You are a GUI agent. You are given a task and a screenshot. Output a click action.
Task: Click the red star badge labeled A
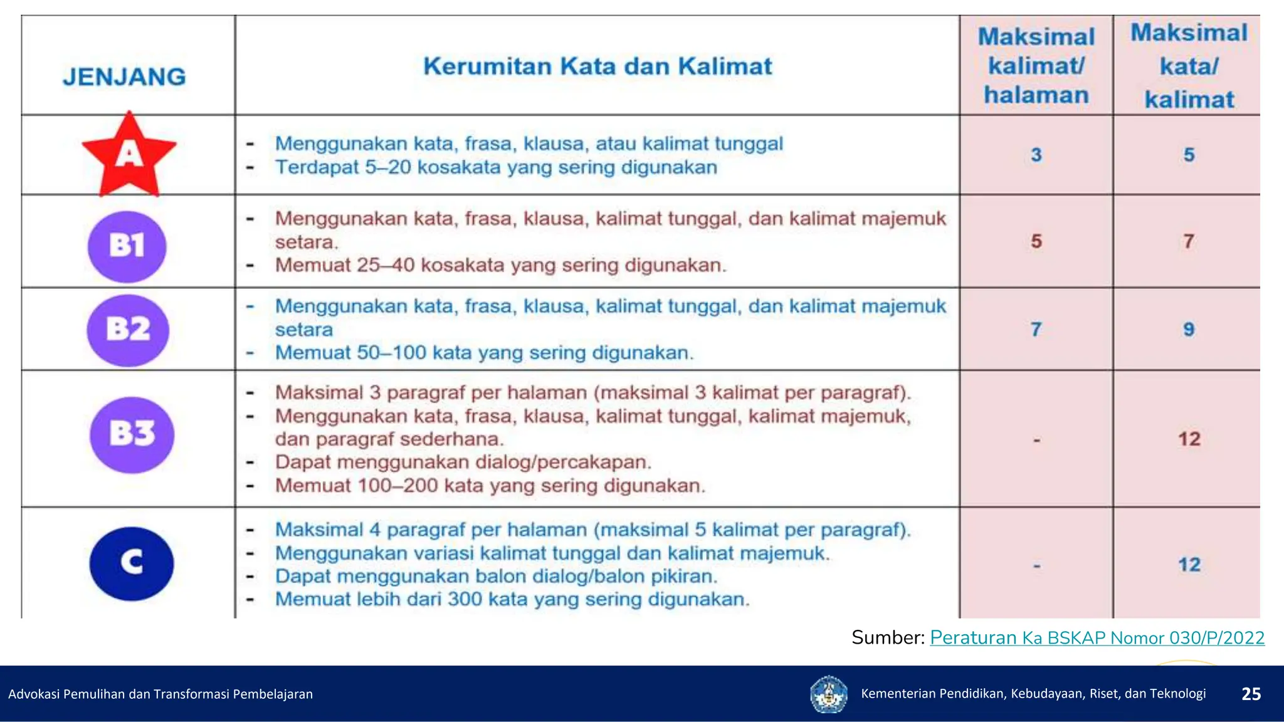[x=129, y=155]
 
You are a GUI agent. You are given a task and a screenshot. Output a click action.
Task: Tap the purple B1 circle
[x=127, y=246]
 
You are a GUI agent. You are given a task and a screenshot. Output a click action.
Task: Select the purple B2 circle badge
[x=128, y=330]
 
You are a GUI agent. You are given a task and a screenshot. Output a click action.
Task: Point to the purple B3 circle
[x=132, y=434]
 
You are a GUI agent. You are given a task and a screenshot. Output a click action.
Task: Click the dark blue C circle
[x=132, y=563]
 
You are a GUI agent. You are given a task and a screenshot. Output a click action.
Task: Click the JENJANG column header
[x=125, y=77]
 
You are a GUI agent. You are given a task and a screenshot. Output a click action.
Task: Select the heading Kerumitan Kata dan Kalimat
[x=597, y=66]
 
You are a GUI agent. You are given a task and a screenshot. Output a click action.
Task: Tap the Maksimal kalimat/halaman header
[x=1036, y=66]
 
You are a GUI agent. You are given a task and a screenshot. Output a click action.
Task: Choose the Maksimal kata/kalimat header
[x=1189, y=66]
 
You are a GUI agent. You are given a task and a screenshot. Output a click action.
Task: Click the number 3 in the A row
[x=1036, y=155]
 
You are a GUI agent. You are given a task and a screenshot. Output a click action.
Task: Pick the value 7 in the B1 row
[x=1189, y=241]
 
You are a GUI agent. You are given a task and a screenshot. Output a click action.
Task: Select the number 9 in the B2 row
[x=1189, y=330]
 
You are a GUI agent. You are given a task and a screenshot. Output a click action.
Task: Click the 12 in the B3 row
[x=1189, y=439]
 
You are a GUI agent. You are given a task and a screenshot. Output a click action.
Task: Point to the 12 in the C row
[x=1189, y=565]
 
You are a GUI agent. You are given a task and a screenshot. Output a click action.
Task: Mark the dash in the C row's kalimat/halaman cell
[x=1036, y=566]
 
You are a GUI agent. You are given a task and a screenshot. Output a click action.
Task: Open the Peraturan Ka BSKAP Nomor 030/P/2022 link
[x=1097, y=638]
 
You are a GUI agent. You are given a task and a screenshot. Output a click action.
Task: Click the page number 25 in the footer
[x=1251, y=694]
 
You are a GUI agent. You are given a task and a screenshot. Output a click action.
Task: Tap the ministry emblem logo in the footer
[x=829, y=694]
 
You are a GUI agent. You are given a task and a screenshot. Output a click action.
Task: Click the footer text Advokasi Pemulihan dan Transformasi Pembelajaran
[x=160, y=694]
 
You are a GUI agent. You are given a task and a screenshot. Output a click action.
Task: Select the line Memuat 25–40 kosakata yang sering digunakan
[x=500, y=265]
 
